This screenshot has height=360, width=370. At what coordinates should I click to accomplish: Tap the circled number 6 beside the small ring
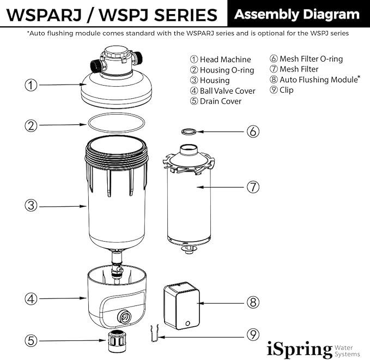point(252,131)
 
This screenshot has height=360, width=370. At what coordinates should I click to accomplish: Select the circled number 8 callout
point(252,302)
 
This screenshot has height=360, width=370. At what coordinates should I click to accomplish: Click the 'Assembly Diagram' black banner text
point(297,14)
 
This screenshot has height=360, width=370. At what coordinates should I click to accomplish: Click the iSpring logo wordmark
point(299,349)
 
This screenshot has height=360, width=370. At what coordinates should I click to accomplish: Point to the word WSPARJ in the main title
point(44,15)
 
